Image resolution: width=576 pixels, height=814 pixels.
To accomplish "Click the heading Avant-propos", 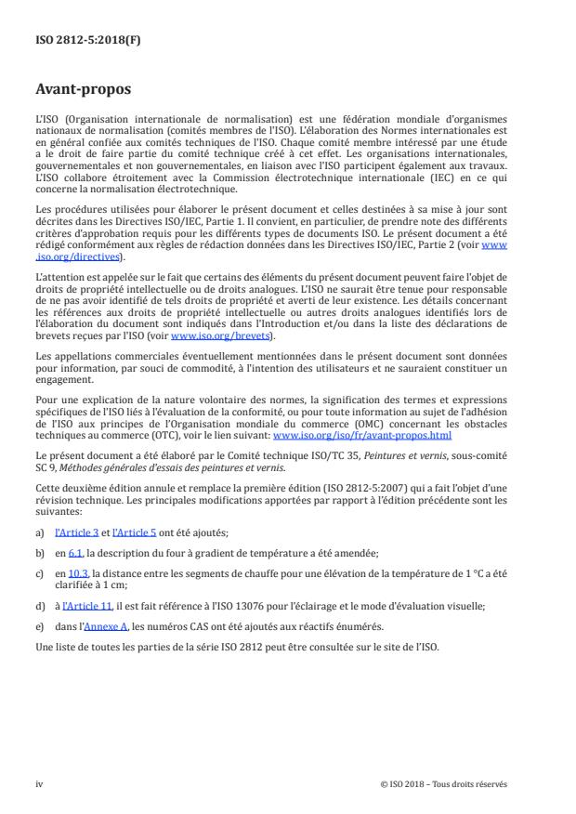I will click(85, 90).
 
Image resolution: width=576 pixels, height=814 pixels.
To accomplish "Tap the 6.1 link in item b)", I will click(75, 552).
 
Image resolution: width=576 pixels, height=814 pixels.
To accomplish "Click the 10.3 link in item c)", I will click(78, 573).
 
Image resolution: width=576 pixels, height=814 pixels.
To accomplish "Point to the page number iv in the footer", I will click(40, 783).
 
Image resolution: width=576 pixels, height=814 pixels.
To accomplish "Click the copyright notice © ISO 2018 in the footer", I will click(443, 783).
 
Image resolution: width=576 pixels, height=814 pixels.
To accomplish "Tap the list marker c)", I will click(40, 573).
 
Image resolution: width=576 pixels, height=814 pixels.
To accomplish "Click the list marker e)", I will click(40, 626).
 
